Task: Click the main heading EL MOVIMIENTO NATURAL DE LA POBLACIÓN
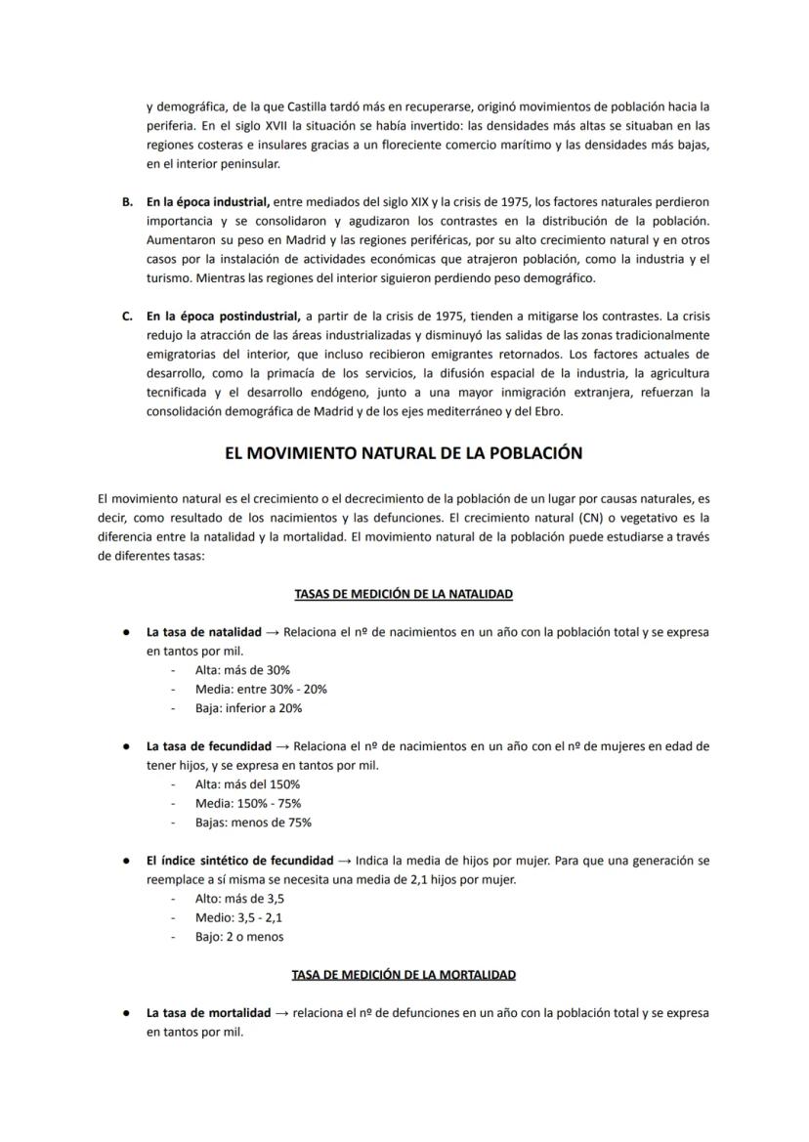pos(404,453)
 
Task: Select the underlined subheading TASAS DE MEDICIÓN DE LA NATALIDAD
pos(404,594)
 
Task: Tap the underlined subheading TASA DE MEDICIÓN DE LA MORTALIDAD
pos(404,975)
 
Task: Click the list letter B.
pos(127,202)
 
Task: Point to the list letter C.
pos(127,317)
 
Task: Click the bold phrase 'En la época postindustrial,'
pos(224,317)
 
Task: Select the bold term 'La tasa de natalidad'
pos(204,632)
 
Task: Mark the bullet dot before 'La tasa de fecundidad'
pos(127,746)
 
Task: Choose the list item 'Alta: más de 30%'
pos(242,670)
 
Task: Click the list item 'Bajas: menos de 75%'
pos(253,823)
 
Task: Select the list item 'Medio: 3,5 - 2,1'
pos(239,917)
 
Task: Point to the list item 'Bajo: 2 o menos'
pos(239,937)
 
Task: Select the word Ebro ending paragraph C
pos(548,411)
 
